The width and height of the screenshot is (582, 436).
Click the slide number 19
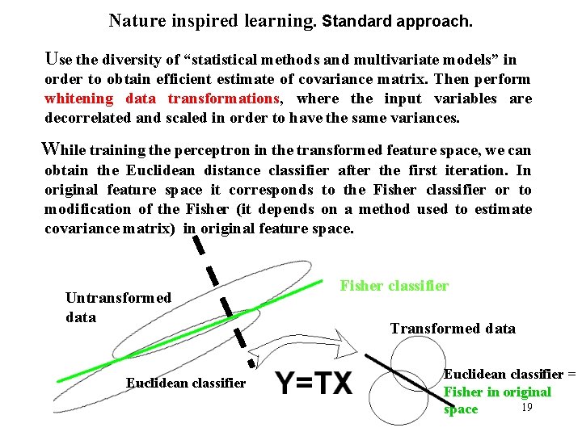pyautogui.click(x=526, y=407)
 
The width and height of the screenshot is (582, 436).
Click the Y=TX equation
pyautogui.click(x=314, y=383)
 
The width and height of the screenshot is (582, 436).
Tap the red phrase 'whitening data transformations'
pyautogui.click(x=162, y=99)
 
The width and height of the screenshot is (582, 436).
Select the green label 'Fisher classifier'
pyautogui.click(x=394, y=285)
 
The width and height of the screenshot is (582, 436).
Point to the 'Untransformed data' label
pyautogui.click(x=118, y=307)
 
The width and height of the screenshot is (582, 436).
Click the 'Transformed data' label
pyautogui.click(x=453, y=328)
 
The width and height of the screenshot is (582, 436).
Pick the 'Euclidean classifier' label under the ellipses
pyautogui.click(x=185, y=383)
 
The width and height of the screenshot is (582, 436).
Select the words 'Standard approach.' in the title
pyautogui.click(x=397, y=20)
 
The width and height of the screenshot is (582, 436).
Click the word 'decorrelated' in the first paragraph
pyautogui.click(x=84, y=118)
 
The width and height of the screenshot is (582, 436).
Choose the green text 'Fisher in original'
pyautogui.click(x=496, y=392)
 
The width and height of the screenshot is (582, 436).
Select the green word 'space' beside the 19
pyautogui.click(x=461, y=409)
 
